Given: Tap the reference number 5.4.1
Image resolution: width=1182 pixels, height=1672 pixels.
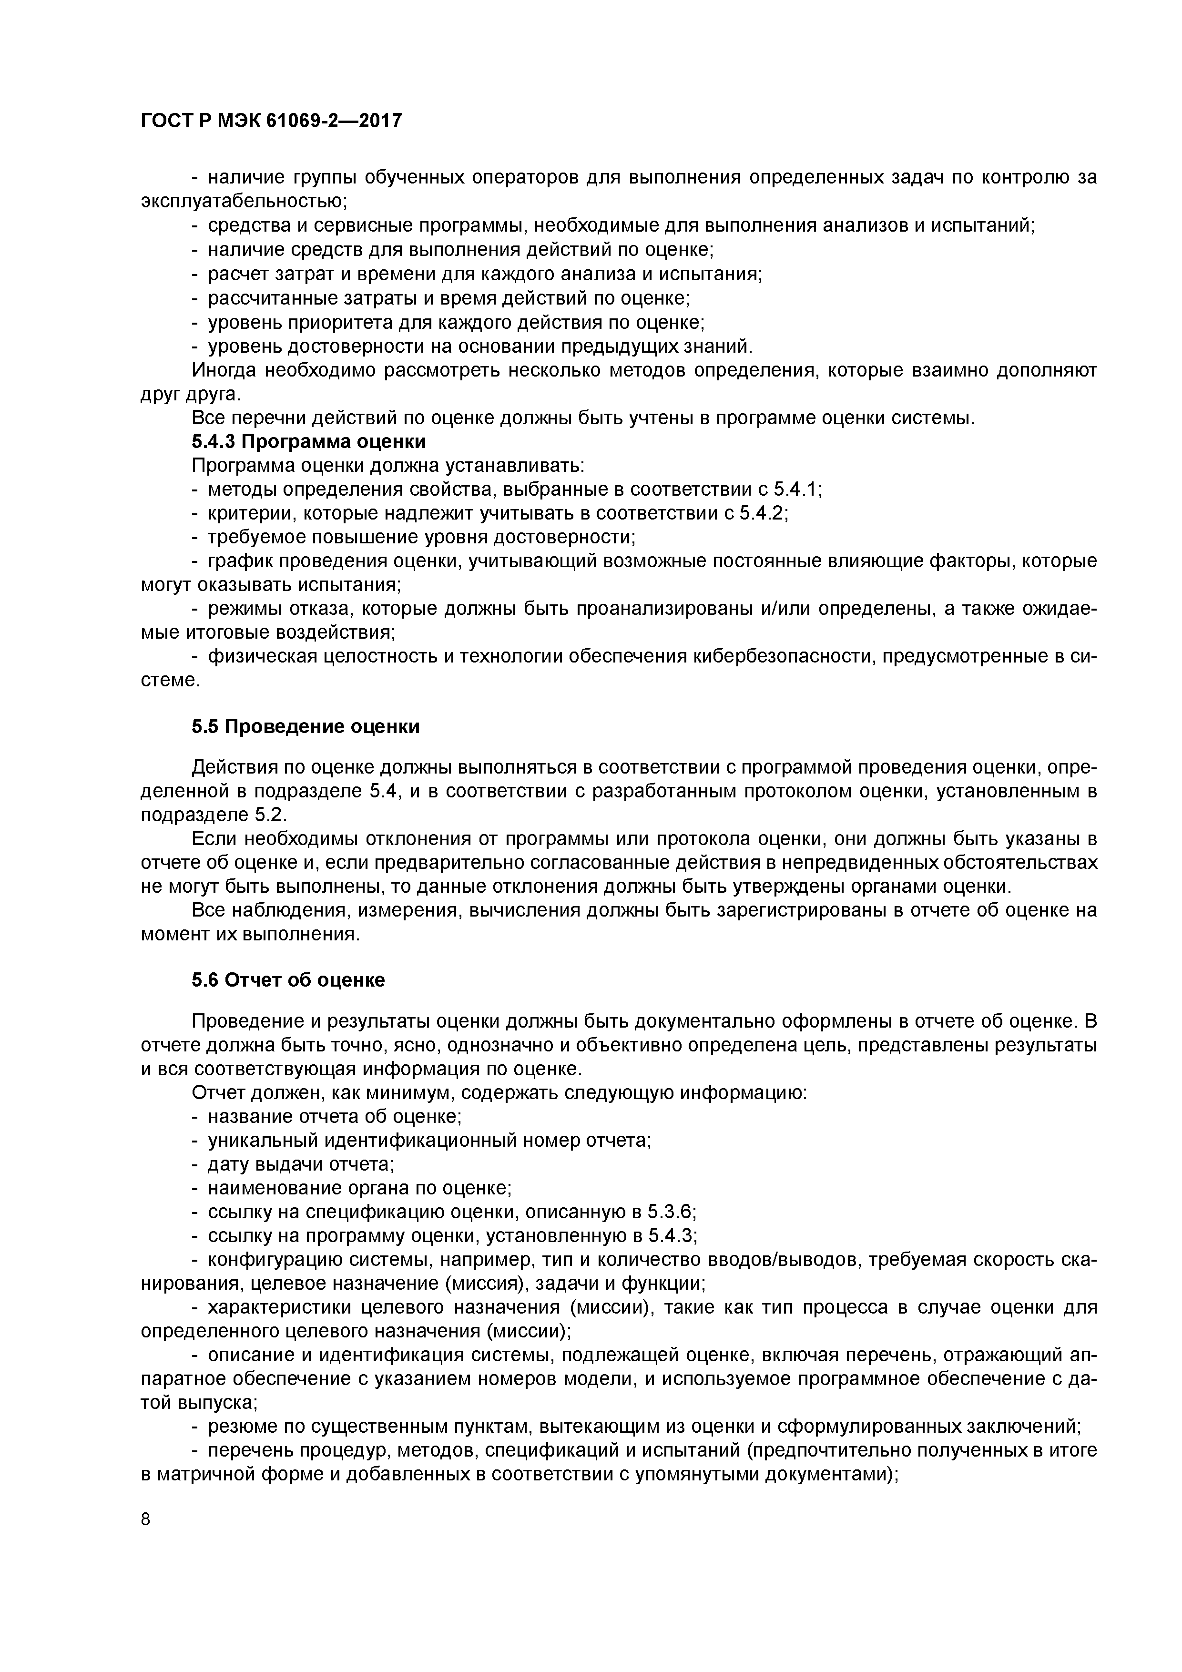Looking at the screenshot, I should (797, 490).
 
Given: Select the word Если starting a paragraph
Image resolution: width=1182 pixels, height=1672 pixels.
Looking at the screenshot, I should (214, 840).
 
